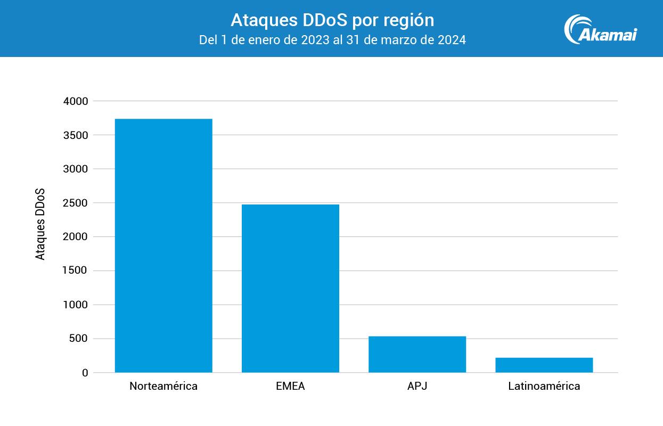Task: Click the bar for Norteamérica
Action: point(163,245)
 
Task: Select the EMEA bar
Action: point(290,288)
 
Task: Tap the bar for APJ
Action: point(417,354)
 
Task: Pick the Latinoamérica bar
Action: point(544,365)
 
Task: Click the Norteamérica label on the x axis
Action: point(163,387)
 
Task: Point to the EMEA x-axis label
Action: point(290,387)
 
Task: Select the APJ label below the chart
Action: point(417,387)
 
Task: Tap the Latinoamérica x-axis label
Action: point(544,387)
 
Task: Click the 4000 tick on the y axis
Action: point(75,101)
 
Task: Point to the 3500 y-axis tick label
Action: point(75,135)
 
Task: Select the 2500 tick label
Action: point(75,203)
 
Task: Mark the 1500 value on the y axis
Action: point(75,271)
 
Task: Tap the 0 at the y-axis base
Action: point(85,373)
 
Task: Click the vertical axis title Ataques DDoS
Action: point(40,224)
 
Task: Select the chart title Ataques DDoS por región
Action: point(332,20)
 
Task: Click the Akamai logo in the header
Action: point(600,29)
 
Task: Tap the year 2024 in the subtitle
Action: point(453,40)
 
